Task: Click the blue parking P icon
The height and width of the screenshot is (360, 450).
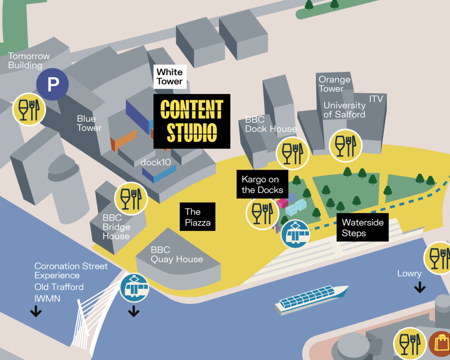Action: pyautogui.click(x=52, y=84)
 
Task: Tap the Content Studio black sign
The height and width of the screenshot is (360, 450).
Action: pyautogui.click(x=192, y=121)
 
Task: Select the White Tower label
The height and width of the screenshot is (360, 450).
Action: pyautogui.click(x=169, y=77)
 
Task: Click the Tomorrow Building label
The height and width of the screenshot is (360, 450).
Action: pyautogui.click(x=29, y=60)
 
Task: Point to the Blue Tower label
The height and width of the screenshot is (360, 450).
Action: pyautogui.click(x=89, y=123)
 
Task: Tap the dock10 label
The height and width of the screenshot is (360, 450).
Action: pyautogui.click(x=156, y=162)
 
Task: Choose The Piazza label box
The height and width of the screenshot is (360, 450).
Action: pyautogui.click(x=198, y=217)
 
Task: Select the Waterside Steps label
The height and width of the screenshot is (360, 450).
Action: pyautogui.click(x=362, y=228)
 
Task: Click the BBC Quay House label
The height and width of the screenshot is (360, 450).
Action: pyautogui.click(x=176, y=254)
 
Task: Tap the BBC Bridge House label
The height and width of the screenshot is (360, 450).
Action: pyautogui.click(x=116, y=227)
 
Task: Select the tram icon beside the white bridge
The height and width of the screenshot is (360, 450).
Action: pyautogui.click(x=134, y=288)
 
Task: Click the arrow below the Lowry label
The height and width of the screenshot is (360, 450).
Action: pyautogui.click(x=420, y=287)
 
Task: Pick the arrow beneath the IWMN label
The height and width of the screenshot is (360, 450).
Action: pyautogui.click(x=36, y=311)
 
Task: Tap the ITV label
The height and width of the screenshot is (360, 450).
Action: pyautogui.click(x=376, y=98)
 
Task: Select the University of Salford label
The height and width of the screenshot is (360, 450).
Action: pyautogui.click(x=344, y=110)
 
